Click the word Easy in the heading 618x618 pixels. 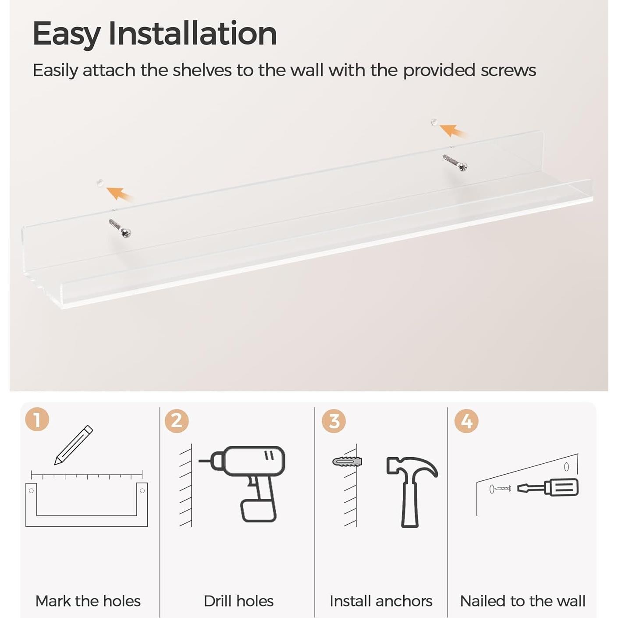tap(66, 34)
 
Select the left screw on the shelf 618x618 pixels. tap(120, 228)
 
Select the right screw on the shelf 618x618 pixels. tap(455, 163)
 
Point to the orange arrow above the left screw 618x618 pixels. tap(119, 193)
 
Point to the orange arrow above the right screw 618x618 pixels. tap(453, 130)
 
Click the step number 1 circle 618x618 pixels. tap(37, 419)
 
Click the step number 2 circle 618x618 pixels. tap(177, 421)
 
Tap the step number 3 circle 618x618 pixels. tap(334, 421)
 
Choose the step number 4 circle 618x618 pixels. tap(466, 421)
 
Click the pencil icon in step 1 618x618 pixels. tap(73, 445)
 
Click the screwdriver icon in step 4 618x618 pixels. tap(548, 487)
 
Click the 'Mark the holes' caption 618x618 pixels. tap(88, 601)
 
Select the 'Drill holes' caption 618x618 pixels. tap(238, 601)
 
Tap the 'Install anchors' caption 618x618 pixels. tap(381, 601)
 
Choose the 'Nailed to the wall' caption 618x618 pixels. tap(522, 601)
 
